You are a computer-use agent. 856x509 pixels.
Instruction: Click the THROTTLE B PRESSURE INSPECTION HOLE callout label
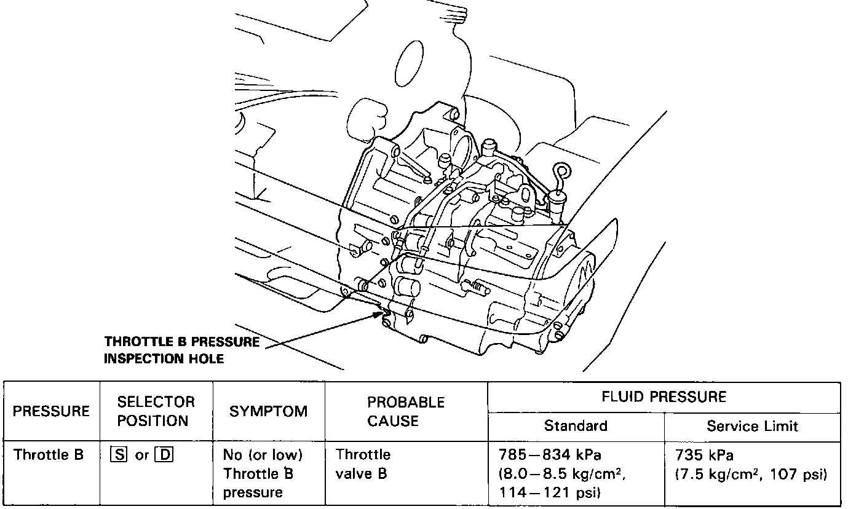(181, 350)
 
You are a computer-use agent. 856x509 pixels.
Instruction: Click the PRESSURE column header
(52, 411)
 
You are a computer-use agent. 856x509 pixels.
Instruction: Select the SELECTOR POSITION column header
(156, 411)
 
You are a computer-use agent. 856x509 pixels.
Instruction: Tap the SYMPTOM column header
(268, 411)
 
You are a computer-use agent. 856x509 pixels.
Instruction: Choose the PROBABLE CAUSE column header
(406, 411)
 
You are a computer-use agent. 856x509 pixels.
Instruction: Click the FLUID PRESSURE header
(664, 397)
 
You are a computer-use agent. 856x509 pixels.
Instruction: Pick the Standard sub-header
(576, 426)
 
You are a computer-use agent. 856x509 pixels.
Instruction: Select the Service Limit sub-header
(752, 426)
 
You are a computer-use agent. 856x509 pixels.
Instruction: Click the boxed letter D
(163, 456)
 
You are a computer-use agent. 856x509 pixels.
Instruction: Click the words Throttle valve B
(363, 465)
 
